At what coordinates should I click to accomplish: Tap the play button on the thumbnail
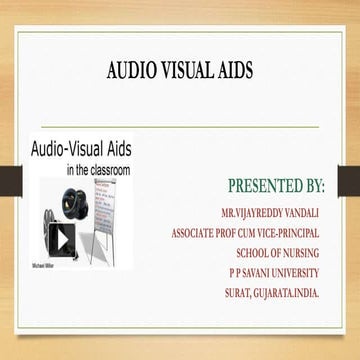click(62, 240)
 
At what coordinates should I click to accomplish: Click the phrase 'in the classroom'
click(98, 171)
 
